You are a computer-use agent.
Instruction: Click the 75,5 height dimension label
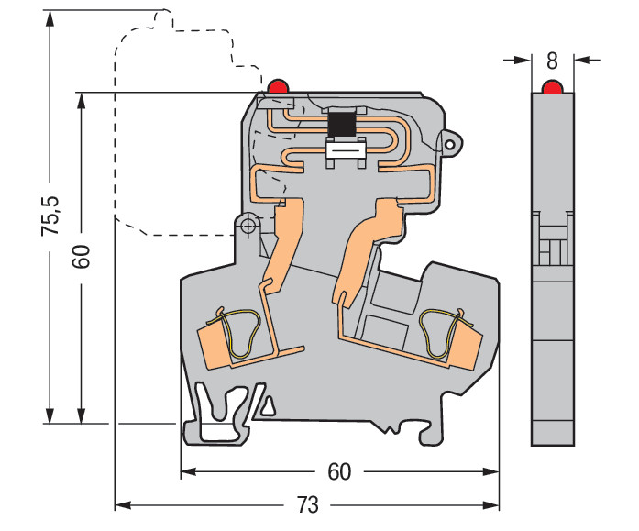[x=50, y=216]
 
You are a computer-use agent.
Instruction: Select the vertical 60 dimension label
[x=81, y=257]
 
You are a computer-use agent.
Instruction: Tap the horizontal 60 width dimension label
[x=339, y=472]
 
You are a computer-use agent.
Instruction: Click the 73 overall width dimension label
[x=307, y=505]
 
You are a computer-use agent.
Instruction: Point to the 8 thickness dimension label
[x=552, y=61]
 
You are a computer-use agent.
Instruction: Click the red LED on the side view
[x=552, y=86]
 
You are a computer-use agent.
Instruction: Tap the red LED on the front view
[x=278, y=85]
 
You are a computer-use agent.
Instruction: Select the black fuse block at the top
[x=342, y=125]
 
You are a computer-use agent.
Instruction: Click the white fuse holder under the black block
[x=345, y=152]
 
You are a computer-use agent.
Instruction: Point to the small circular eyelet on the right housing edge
[x=450, y=144]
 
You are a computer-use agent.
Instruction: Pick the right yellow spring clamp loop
[x=443, y=333]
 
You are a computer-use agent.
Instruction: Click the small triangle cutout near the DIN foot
[x=268, y=406]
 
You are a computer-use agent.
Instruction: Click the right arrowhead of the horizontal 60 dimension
[x=490, y=472]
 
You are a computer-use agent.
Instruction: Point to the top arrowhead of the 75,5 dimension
[x=50, y=18]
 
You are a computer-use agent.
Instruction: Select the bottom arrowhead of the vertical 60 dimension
[x=82, y=415]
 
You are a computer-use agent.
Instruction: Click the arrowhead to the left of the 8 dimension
[x=523, y=61]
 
